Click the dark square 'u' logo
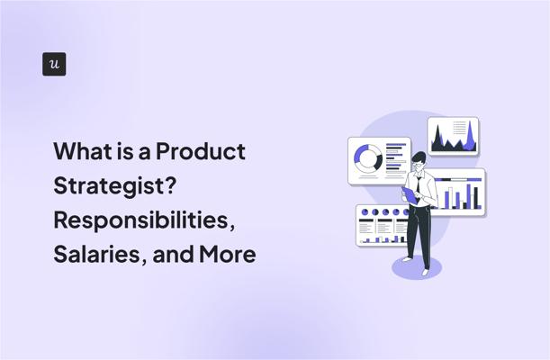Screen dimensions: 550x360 coord(54,64)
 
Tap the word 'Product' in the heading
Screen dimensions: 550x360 coord(201,151)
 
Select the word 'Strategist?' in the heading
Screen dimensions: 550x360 coord(114,185)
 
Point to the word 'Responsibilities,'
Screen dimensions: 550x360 coord(144,220)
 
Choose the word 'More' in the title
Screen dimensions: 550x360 coord(228,254)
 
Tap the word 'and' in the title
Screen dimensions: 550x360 coord(173,254)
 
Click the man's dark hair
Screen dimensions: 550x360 coord(419,157)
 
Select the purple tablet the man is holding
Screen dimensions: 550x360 coord(410,195)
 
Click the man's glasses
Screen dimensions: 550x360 coord(418,164)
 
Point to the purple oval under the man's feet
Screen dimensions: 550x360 coord(417,267)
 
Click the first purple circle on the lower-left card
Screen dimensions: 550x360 coord(365,212)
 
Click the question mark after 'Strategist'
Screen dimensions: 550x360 coord(170,184)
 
